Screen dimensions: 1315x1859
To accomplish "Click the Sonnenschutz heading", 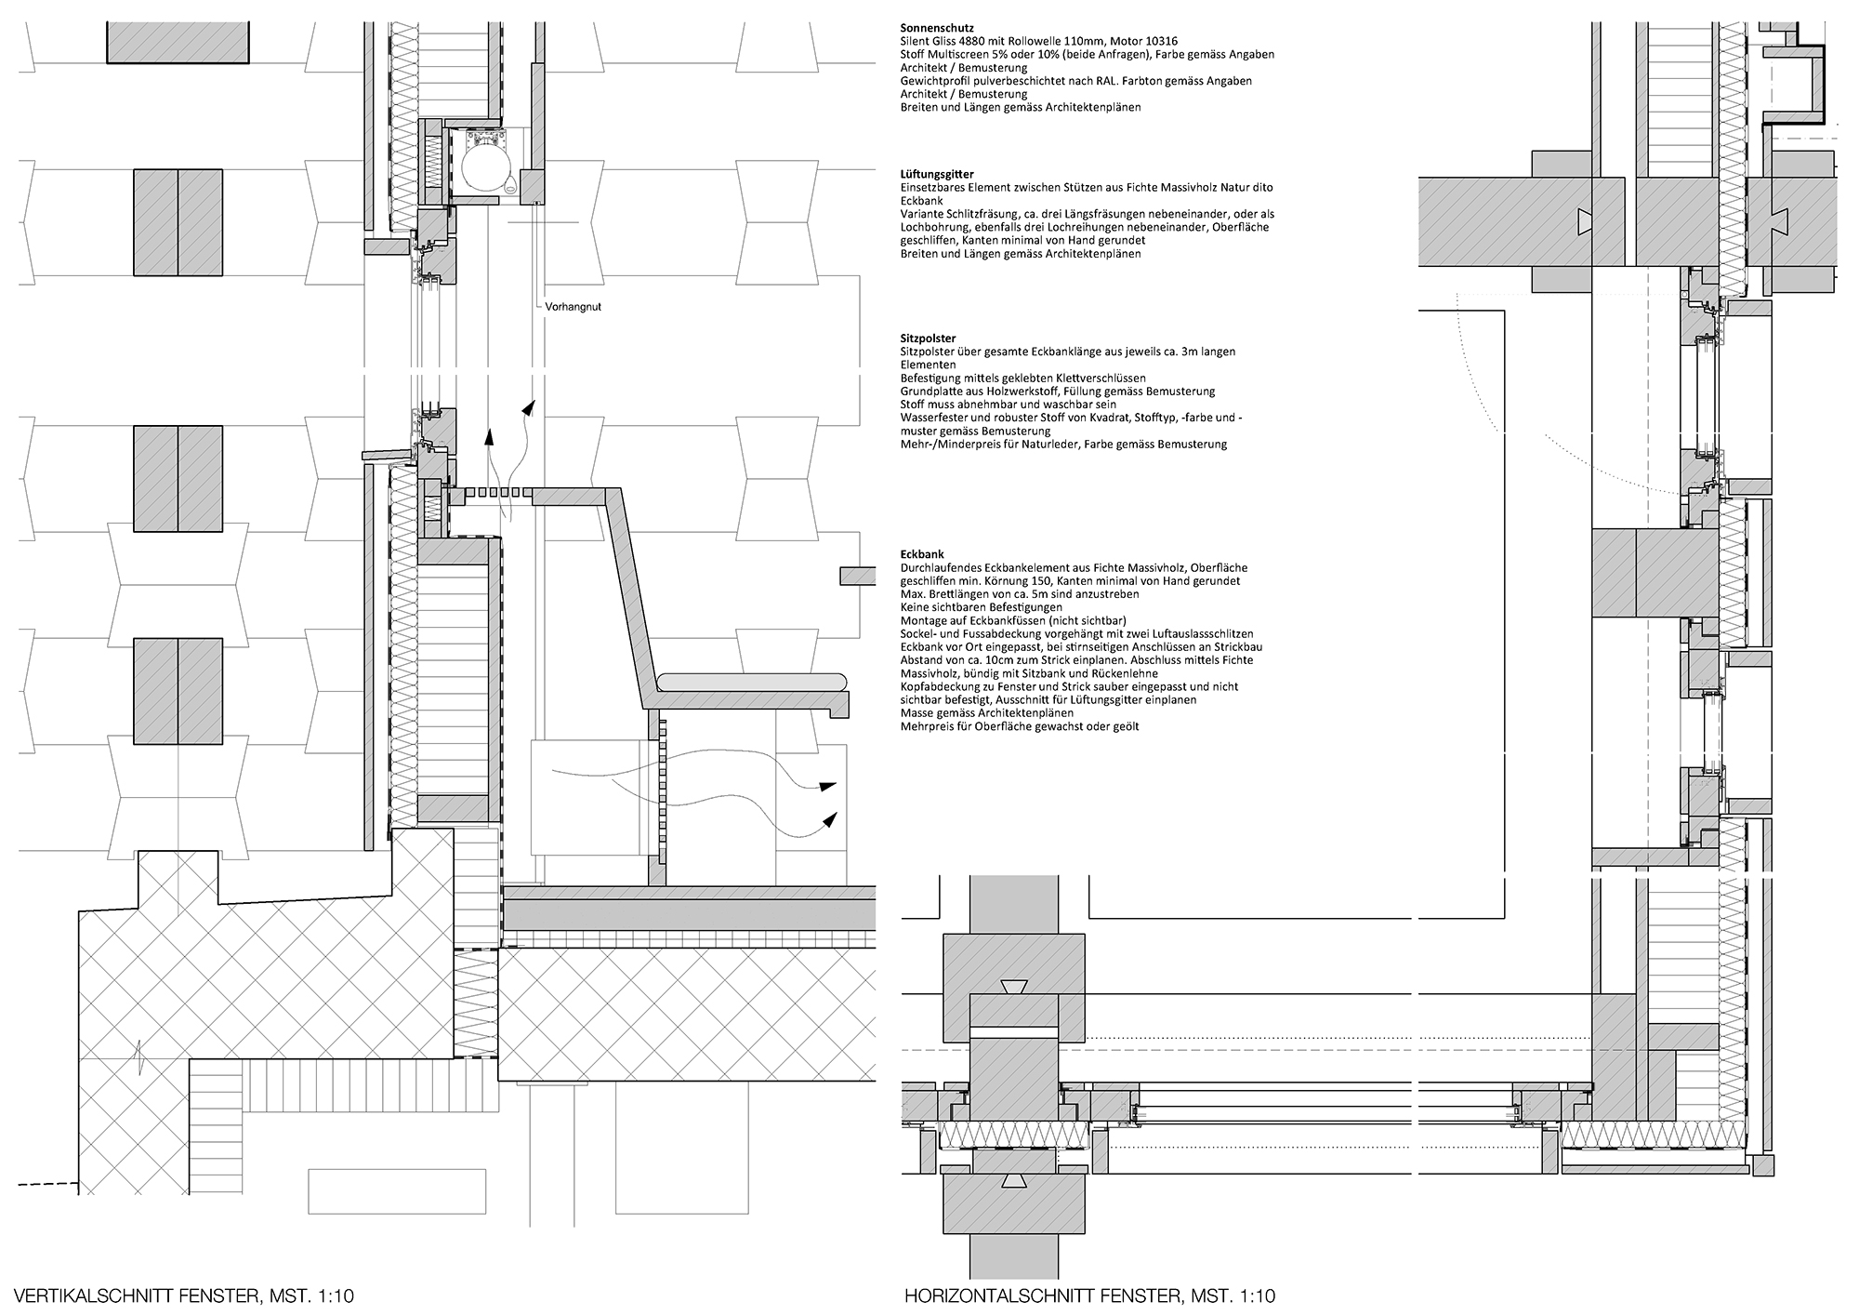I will (x=937, y=28).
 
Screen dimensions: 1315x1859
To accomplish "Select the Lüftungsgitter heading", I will (x=937, y=174).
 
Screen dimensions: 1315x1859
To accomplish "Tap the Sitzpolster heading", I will (x=928, y=339).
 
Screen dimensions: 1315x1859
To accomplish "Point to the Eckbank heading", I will (x=922, y=554).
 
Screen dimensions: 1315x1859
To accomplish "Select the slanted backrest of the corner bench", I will (x=633, y=595).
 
